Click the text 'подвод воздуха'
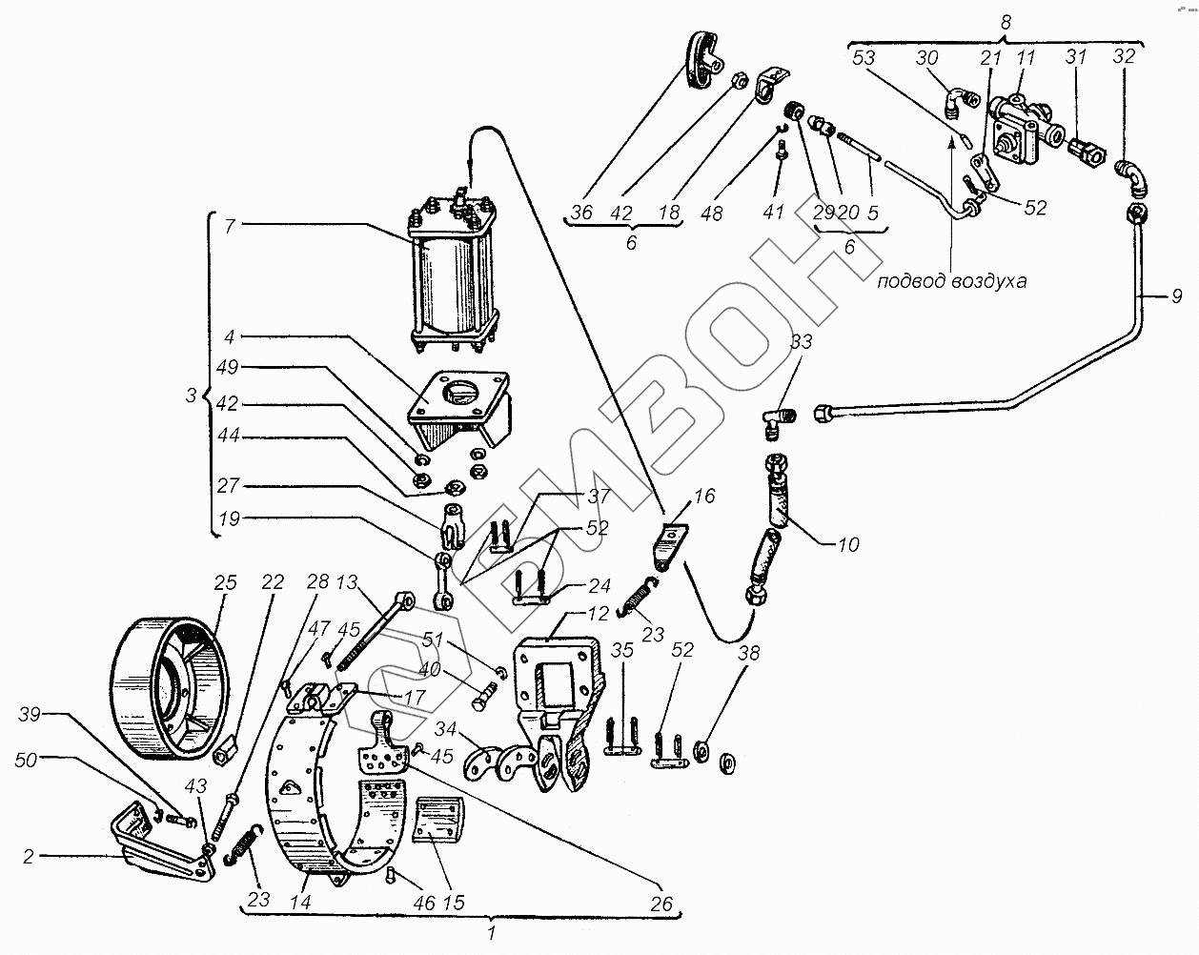click(956, 282)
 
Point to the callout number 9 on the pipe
click(1176, 296)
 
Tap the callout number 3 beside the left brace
click(190, 393)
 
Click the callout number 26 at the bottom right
click(660, 903)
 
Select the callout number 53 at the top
click(864, 57)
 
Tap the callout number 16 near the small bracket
click(703, 497)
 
